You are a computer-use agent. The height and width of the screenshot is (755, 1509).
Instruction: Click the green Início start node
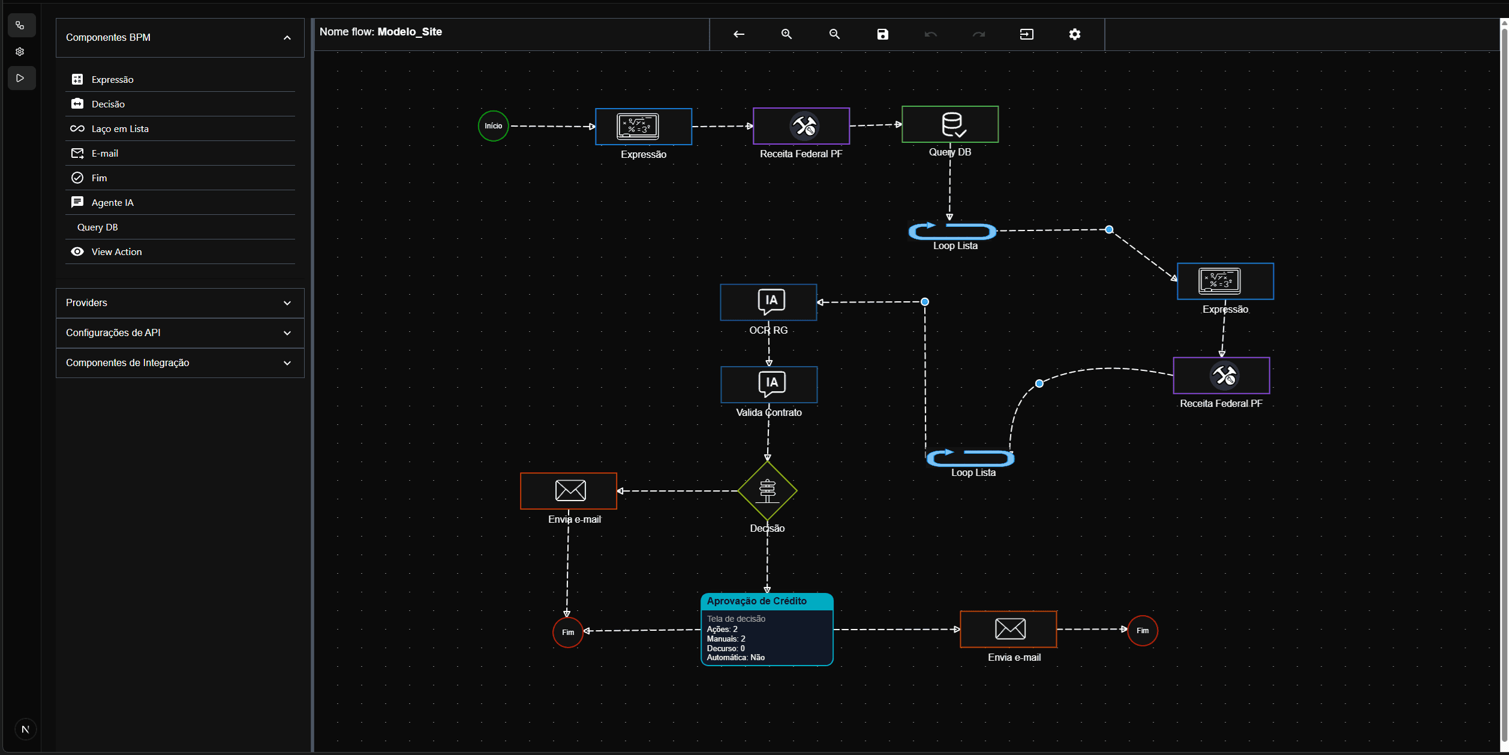point(493,126)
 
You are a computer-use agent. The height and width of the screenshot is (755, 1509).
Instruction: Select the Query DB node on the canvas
point(949,124)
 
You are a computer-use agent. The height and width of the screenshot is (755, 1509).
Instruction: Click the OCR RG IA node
point(768,302)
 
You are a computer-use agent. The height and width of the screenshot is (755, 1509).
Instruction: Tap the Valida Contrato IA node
point(769,384)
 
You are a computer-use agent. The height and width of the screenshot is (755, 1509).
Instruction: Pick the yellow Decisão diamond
point(767,490)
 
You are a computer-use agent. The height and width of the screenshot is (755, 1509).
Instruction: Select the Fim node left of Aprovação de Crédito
point(567,632)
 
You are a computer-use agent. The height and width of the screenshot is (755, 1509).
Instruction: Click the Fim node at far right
point(1142,631)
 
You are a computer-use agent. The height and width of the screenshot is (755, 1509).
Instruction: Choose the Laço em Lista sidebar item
point(120,128)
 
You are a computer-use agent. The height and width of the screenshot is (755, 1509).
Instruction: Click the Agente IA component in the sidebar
point(112,202)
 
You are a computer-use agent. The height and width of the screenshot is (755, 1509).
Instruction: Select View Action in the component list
point(116,251)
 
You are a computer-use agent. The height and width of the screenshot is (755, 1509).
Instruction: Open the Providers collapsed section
point(180,302)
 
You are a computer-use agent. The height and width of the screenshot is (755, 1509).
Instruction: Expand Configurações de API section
point(180,332)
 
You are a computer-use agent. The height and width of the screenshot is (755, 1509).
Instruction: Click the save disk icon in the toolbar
point(882,34)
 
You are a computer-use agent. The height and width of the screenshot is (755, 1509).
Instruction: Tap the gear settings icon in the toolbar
point(1074,34)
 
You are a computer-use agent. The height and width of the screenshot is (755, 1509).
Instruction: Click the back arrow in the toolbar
point(738,34)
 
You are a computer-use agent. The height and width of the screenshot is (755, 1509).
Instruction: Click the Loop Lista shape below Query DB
point(952,231)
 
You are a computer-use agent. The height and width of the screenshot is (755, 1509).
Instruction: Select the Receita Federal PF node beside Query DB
point(801,126)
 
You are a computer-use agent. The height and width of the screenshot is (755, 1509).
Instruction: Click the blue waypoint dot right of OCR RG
point(925,302)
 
